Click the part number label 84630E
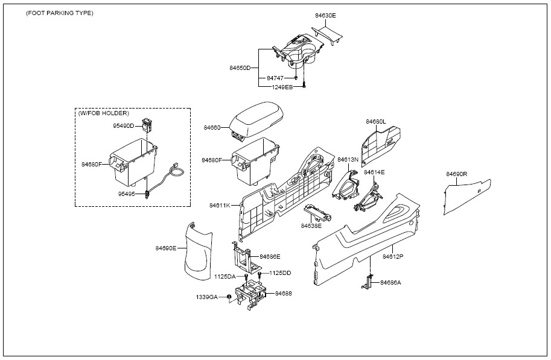click(325, 16)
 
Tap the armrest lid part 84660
click(256, 121)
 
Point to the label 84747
click(275, 78)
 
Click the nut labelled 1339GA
click(228, 297)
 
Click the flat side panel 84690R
click(467, 197)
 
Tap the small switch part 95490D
click(146, 124)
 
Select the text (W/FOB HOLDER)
click(104, 113)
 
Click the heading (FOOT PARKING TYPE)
click(60, 13)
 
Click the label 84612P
click(393, 256)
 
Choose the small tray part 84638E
click(318, 212)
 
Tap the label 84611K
click(220, 205)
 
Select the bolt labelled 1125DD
click(260, 274)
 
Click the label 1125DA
click(225, 276)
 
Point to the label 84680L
click(375, 122)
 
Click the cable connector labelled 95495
click(146, 194)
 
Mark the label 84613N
click(348, 160)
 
